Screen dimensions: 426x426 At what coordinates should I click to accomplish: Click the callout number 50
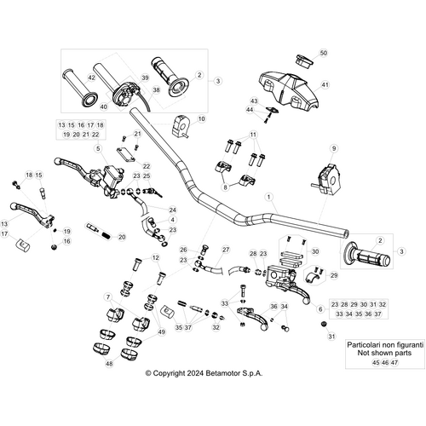(322, 54)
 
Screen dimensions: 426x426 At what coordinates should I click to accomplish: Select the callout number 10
(201, 119)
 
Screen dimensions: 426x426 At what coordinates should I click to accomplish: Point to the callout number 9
(334, 147)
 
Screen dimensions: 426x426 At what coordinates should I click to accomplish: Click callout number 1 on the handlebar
(270, 196)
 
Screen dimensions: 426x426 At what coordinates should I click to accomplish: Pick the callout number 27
(227, 249)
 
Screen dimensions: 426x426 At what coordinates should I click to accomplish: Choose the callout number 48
(108, 364)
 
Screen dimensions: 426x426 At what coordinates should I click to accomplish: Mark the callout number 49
(162, 331)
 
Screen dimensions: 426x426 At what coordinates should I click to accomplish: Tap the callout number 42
(91, 77)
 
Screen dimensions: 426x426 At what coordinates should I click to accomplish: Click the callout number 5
(98, 148)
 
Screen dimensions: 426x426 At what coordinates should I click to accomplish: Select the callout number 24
(173, 210)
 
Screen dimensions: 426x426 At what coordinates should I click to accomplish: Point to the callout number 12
(155, 257)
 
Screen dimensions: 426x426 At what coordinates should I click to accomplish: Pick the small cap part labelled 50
(302, 60)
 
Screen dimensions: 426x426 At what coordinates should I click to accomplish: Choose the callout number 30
(314, 252)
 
